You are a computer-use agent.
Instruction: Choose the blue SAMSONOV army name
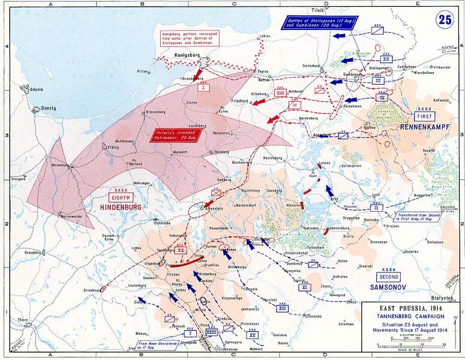pos(388,287)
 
